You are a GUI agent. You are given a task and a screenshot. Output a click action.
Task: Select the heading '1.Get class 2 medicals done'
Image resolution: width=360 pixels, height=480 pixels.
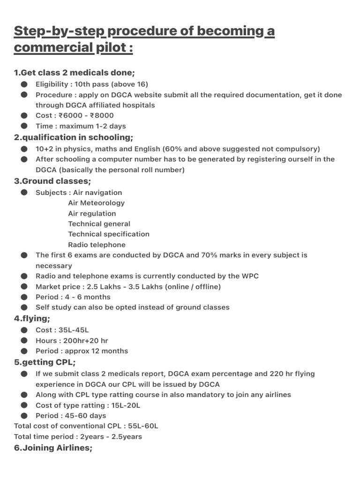point(75,73)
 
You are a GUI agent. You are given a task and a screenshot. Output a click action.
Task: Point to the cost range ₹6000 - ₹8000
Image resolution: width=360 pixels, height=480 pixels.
point(90,115)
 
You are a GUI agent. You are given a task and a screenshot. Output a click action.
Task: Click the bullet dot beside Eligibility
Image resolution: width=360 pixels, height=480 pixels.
point(24,84)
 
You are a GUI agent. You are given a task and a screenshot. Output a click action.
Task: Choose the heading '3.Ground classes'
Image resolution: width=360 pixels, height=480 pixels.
point(52,181)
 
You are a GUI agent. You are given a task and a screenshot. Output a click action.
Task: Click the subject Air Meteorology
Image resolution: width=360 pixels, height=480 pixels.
point(96,203)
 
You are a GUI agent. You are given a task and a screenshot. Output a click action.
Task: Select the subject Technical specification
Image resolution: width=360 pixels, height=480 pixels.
point(109,234)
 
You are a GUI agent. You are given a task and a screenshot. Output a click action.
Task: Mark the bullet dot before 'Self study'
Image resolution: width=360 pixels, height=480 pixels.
point(24,307)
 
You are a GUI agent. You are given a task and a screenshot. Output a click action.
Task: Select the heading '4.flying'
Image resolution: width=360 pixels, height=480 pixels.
point(32,319)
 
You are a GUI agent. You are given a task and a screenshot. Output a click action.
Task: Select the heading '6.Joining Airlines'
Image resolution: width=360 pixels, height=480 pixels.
point(53,448)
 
